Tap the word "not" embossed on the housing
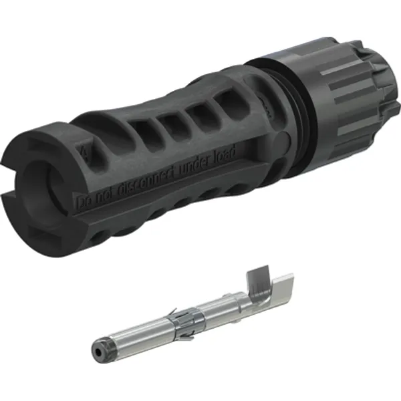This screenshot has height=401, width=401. point(104,196)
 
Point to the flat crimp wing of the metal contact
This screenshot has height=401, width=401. point(274,294)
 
